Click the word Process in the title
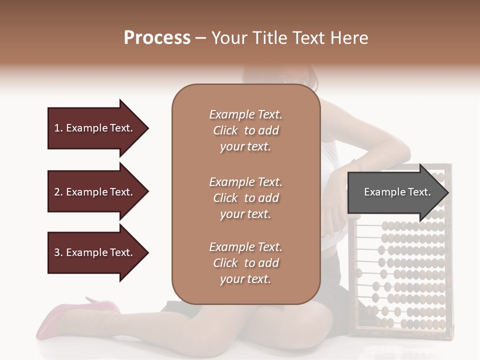[x=157, y=38]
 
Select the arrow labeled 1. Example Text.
[x=95, y=128]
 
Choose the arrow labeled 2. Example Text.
[x=95, y=192]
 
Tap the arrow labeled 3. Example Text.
[x=95, y=252]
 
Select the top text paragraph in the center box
[x=245, y=130]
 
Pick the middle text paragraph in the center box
[x=245, y=197]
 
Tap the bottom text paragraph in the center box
[x=245, y=263]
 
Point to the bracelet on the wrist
[x=355, y=163]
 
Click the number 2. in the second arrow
[x=58, y=192]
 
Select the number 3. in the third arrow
[x=58, y=252]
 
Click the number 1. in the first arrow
[x=58, y=128]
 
